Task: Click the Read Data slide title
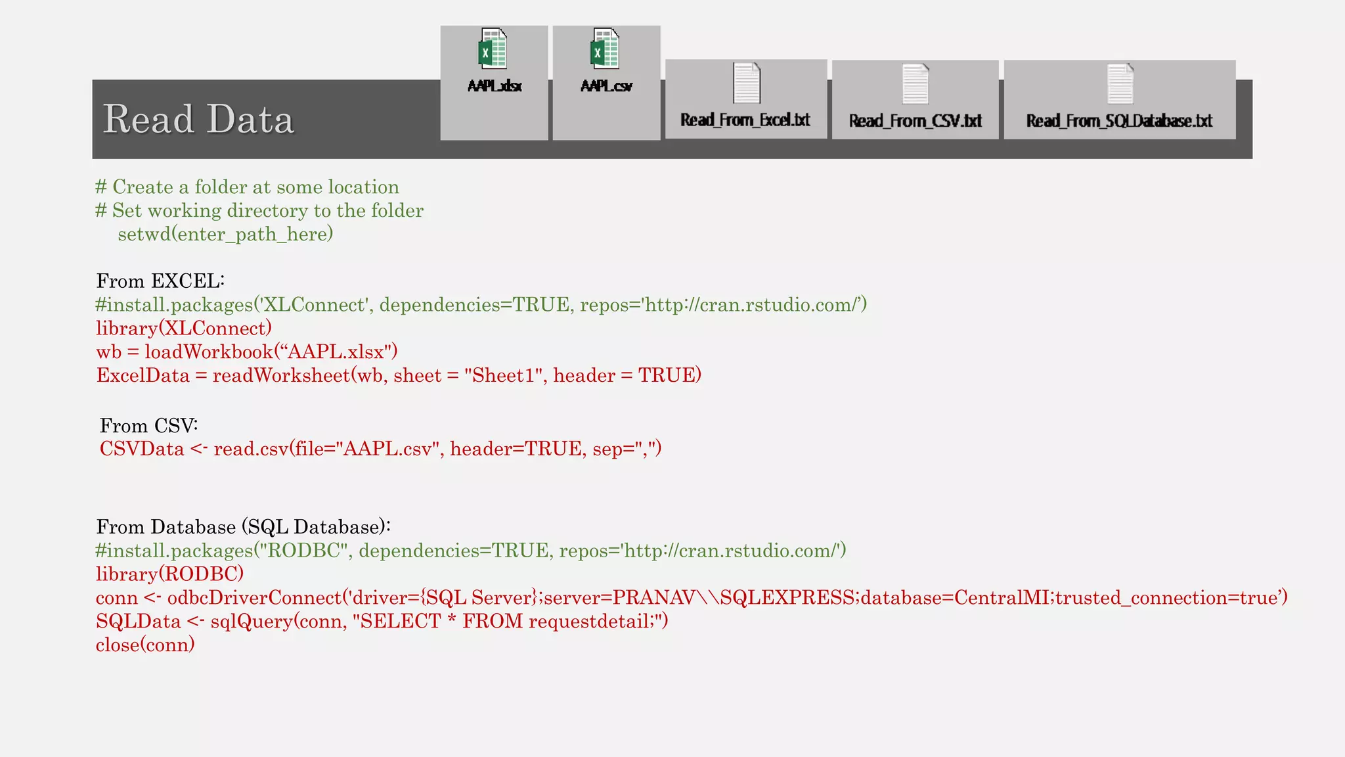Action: pos(198,120)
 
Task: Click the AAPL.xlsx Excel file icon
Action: pos(493,49)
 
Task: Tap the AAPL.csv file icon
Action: pos(605,49)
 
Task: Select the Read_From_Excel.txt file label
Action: pos(745,120)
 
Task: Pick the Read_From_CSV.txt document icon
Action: pos(915,84)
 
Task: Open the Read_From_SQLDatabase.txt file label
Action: pos(1119,121)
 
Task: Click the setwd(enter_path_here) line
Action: pos(225,234)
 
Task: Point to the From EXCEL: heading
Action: pos(160,281)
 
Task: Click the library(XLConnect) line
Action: pos(184,329)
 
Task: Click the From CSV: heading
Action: pos(148,426)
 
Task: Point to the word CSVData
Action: pos(142,449)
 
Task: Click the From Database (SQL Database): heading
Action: pos(243,527)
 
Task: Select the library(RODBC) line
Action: pos(169,574)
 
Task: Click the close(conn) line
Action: pos(145,645)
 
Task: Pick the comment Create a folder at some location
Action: pos(255,187)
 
